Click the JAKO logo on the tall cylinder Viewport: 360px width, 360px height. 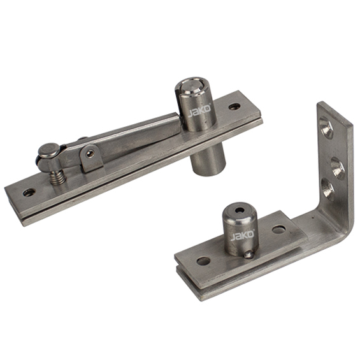tap(199, 111)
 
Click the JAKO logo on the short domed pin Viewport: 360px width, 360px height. tap(243, 235)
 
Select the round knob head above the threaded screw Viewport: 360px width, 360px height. tap(49, 150)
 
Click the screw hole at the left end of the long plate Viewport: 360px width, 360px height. tap(29, 192)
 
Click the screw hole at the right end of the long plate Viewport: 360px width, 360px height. tap(234, 106)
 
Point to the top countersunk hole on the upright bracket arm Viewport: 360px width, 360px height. tap(327, 127)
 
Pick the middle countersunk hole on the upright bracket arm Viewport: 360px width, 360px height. tap(338, 168)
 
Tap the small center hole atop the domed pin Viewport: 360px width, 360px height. tap(240, 210)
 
